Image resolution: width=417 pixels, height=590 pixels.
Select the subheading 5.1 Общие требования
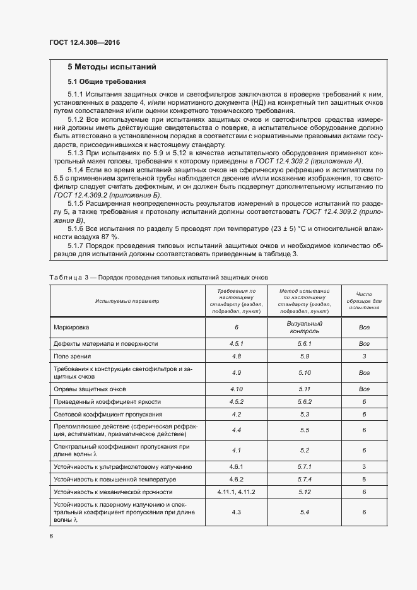(107, 82)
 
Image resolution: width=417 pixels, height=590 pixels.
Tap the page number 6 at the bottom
(50, 536)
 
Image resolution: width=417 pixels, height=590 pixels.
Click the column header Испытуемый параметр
(127, 301)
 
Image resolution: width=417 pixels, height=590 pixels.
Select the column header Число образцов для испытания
(363, 301)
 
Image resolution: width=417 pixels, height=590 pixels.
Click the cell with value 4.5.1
(236, 344)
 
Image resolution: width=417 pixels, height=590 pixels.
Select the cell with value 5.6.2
(304, 401)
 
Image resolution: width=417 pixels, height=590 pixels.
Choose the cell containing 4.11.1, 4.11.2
(236, 491)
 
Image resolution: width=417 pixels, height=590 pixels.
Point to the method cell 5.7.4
(304, 479)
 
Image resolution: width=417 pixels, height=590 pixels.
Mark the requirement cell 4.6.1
(236, 467)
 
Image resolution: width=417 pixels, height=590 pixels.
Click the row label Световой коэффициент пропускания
(109, 415)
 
